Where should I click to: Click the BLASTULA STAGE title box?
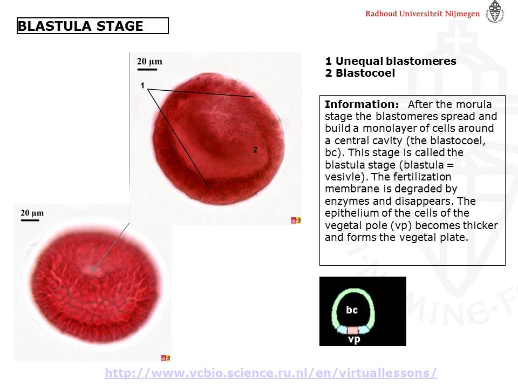(x=92, y=26)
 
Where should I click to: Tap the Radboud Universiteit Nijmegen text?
(x=422, y=14)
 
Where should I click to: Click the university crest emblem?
(x=495, y=11)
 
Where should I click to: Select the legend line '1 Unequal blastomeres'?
(x=391, y=61)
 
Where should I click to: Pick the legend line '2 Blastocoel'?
(x=360, y=73)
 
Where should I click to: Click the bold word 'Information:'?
(x=362, y=104)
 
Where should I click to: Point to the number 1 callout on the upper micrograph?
(x=142, y=85)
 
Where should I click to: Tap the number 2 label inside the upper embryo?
(x=255, y=150)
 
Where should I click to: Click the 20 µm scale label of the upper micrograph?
(x=149, y=62)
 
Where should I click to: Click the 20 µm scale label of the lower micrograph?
(x=32, y=213)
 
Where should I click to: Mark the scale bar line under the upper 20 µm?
(x=147, y=70)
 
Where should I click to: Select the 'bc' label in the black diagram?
(x=352, y=310)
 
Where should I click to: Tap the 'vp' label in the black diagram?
(x=354, y=339)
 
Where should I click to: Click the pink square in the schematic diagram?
(x=352, y=330)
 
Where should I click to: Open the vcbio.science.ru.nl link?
(x=271, y=373)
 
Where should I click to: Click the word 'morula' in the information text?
(x=474, y=104)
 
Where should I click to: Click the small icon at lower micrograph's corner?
(x=166, y=358)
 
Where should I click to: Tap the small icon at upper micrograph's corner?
(x=296, y=220)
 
